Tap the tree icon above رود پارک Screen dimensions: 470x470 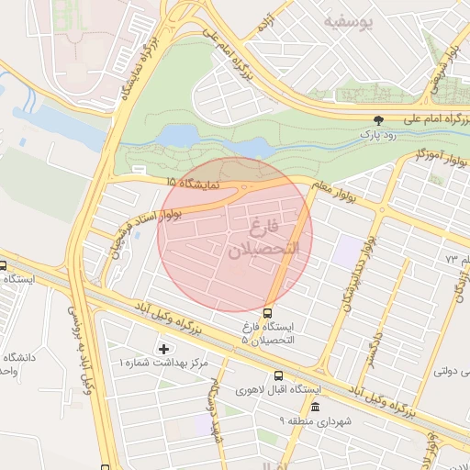point(378,120)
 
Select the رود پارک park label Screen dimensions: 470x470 point(378,136)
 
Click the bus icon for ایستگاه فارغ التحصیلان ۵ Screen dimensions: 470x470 point(268,312)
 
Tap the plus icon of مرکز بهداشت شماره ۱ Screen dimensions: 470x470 point(164,349)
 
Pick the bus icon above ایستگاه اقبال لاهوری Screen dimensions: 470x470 point(279,375)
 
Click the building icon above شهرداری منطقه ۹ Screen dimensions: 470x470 point(316,407)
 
